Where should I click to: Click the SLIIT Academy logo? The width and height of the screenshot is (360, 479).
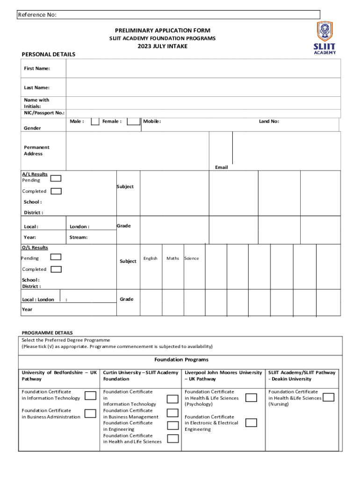324,37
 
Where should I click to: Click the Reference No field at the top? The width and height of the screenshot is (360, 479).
168,15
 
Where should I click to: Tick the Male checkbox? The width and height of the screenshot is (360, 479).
95,122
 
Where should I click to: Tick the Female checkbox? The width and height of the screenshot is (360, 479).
134,122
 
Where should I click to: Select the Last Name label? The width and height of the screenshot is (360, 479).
37,87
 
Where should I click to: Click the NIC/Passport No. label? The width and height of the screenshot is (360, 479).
44,113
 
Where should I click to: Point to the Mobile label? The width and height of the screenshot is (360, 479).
152,122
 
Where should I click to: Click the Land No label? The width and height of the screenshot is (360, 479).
269,122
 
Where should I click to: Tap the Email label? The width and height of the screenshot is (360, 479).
221,167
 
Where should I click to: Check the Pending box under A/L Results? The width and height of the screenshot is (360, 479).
56,178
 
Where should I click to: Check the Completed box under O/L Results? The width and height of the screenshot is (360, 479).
56,269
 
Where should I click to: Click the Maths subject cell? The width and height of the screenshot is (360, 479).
173,258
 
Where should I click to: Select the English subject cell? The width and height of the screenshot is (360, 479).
151,258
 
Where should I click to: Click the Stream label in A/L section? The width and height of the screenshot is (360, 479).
78,237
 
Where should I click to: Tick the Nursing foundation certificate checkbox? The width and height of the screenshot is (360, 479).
329,398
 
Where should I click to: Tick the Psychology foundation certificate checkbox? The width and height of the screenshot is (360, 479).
251,398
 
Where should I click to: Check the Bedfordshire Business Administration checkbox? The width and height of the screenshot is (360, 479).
89,414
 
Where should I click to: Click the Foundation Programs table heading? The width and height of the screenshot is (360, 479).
181,360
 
